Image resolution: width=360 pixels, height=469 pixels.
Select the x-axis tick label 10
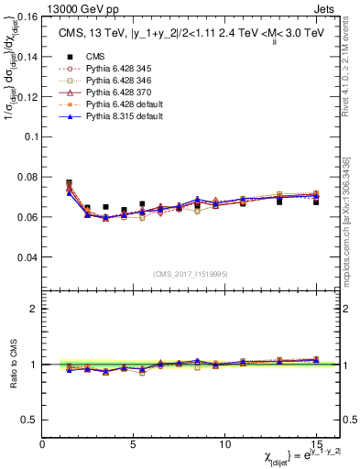[x=225, y=443]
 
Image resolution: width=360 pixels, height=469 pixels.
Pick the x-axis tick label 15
[x=317, y=443]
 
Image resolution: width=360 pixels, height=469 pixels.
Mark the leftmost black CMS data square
[x=69, y=183]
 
